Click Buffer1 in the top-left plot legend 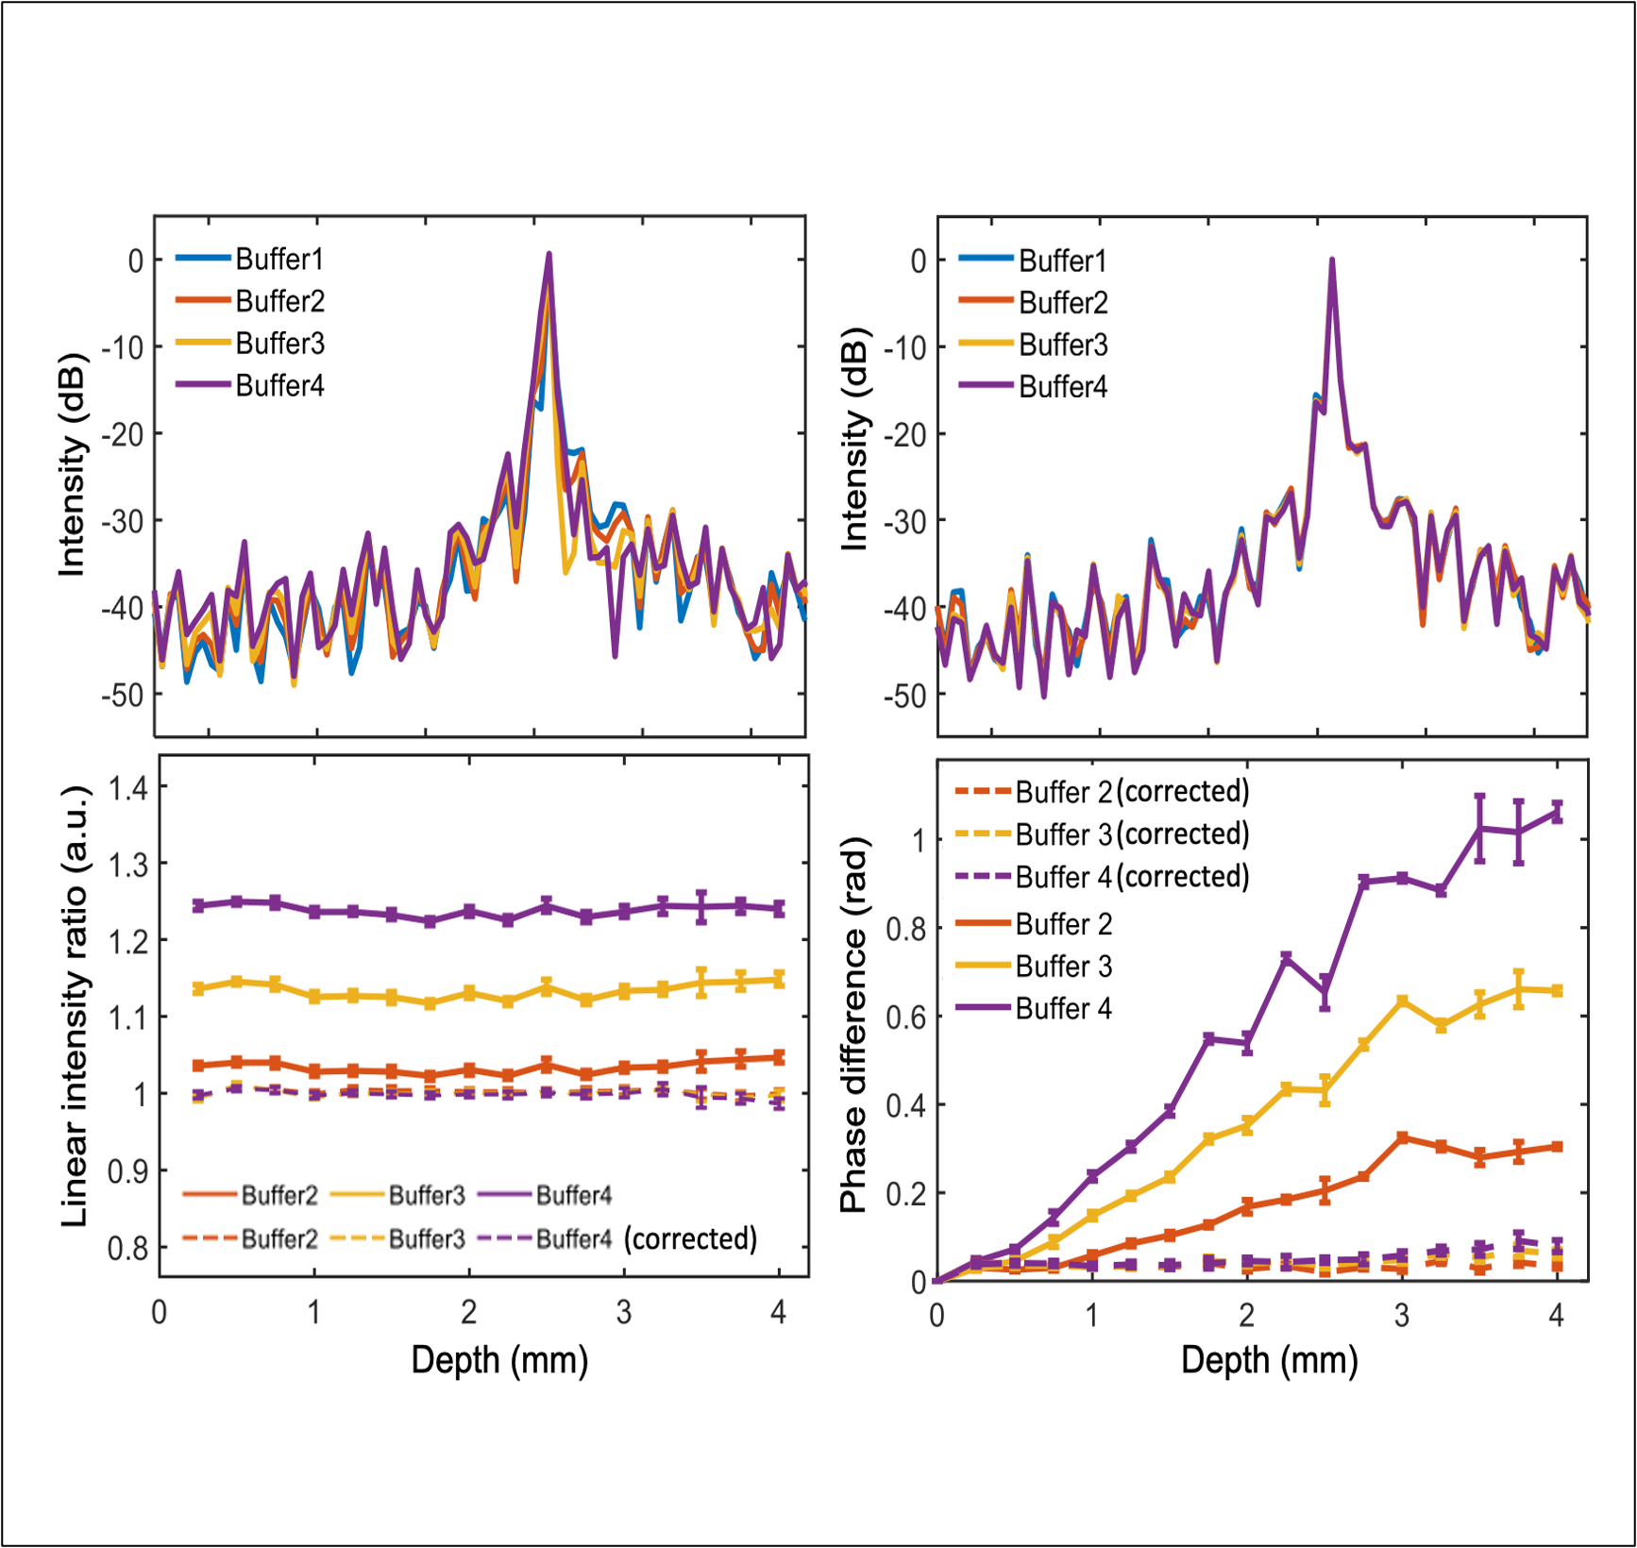[279, 259]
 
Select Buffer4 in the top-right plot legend [1063, 387]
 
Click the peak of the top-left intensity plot [548, 254]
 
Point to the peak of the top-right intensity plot [1332, 260]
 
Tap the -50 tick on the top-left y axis [123, 695]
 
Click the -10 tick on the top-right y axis [905, 347]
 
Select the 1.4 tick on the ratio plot [128, 787]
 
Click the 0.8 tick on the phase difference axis [905, 929]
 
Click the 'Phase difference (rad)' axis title [853, 1024]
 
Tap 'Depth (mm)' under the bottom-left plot [499, 1360]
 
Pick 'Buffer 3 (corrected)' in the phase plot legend [1132, 834]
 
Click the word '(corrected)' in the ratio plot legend [690, 1238]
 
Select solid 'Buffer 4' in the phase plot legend [1064, 1009]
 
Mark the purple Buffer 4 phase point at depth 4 [1557, 812]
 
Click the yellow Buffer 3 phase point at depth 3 [1402, 1001]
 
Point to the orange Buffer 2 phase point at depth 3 [1402, 1138]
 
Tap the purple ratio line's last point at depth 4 [779, 909]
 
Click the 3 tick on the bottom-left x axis [623, 1312]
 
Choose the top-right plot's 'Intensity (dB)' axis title [853, 439]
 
